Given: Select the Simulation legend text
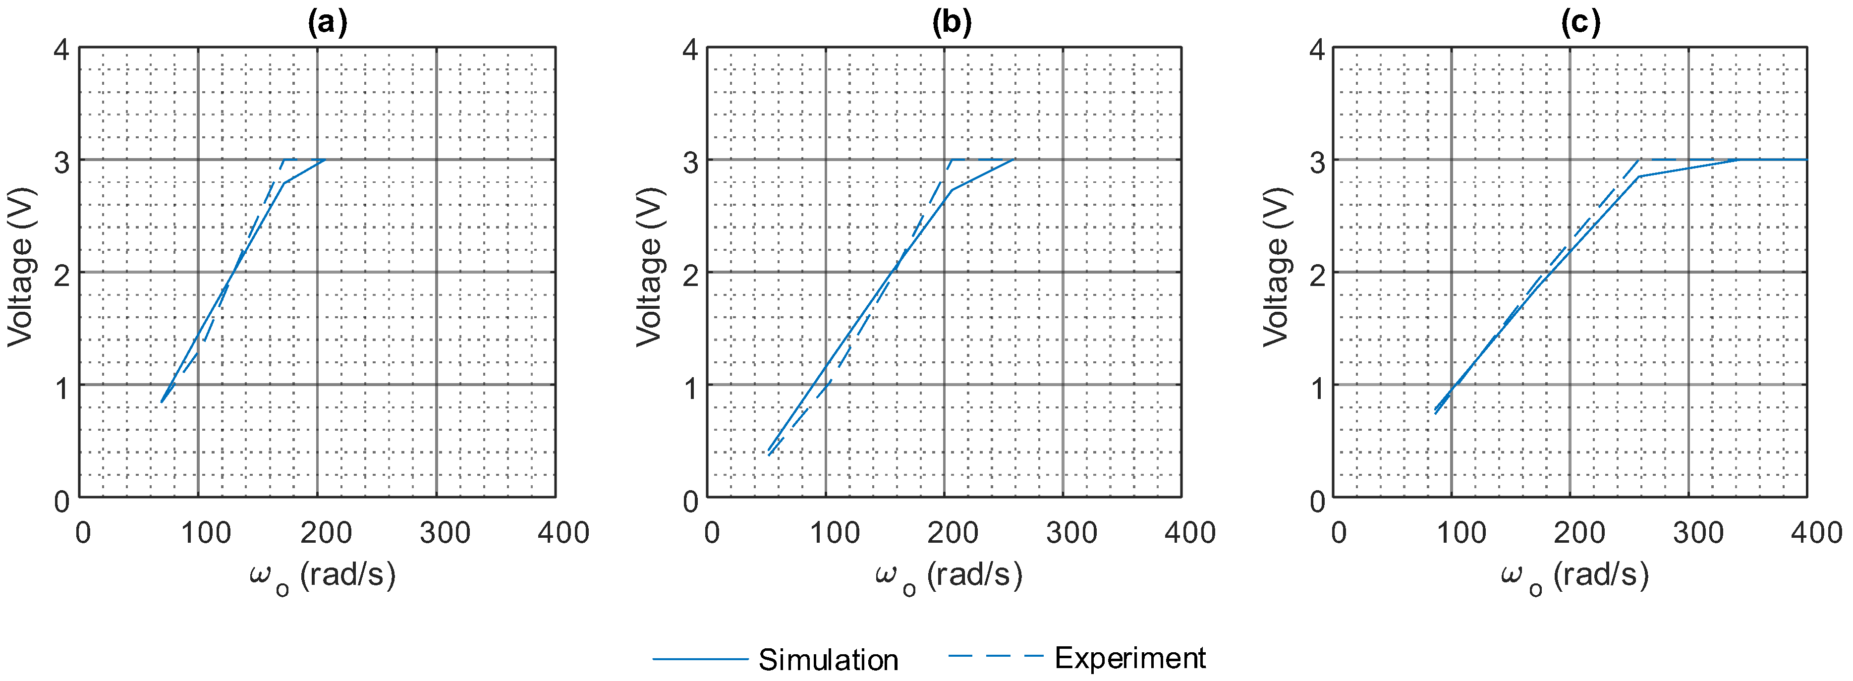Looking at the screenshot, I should click(x=828, y=659).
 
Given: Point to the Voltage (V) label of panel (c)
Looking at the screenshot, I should click(x=1276, y=268).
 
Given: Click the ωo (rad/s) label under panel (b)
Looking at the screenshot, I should click(x=948, y=576).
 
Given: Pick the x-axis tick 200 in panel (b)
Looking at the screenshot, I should click(x=952, y=533).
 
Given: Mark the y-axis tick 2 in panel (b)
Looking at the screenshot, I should click(x=690, y=275).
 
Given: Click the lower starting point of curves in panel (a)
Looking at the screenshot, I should click(x=162, y=402).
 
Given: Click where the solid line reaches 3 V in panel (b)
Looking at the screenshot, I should click(x=1013, y=160).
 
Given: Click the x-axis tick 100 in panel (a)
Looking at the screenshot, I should click(x=206, y=533).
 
